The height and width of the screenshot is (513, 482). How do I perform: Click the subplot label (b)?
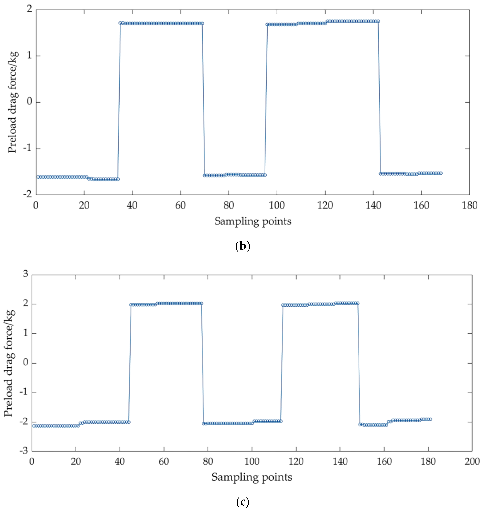coord(243,246)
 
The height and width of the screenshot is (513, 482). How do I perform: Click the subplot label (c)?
coord(243,502)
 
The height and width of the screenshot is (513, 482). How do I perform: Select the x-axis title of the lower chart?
coord(252,477)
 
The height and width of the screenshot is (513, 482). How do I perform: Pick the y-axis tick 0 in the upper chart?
coord(29,101)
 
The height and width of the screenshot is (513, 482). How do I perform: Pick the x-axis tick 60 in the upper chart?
coord(180,206)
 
